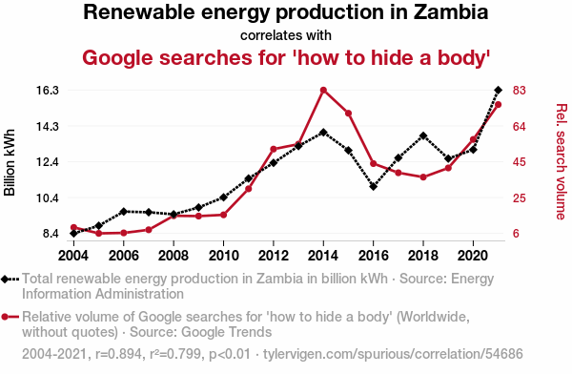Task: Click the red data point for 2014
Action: tap(323, 91)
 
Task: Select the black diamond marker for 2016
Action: tap(373, 187)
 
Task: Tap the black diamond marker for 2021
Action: tap(499, 90)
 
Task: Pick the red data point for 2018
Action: tap(423, 177)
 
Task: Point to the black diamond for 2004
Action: tap(73, 233)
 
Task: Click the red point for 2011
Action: tap(249, 189)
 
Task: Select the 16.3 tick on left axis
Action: tap(48, 91)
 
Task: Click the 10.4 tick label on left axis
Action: tap(48, 198)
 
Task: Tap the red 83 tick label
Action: tap(520, 91)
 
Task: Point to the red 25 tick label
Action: tap(520, 198)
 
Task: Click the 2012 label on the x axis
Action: tap(274, 256)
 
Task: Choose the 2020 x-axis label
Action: tap(473, 256)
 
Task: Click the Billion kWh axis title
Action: tap(10, 162)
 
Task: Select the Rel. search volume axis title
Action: tap(562, 162)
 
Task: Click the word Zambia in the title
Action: tap(451, 11)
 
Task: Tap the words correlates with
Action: tap(286, 35)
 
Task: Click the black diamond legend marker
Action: tap(5, 279)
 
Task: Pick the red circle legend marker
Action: tap(5, 317)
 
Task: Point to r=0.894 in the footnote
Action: tap(118, 354)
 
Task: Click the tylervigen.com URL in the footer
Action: tap(393, 354)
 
